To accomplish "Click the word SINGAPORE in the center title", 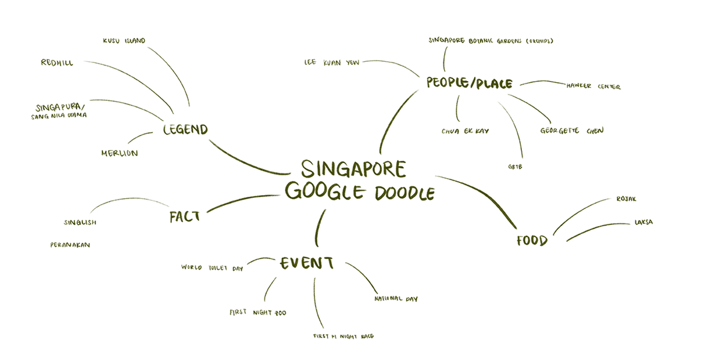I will click(x=353, y=169).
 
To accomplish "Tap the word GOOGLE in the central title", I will click(x=324, y=191).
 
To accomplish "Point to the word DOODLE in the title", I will click(x=404, y=194).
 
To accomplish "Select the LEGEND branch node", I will click(x=185, y=129).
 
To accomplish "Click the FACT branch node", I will click(x=184, y=216).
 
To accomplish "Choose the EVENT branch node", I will click(x=307, y=263).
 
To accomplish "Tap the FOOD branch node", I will click(x=532, y=241).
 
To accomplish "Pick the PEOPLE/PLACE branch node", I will click(x=469, y=83).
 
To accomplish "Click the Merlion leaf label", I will click(x=119, y=153).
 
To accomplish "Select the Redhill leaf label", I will click(x=57, y=62).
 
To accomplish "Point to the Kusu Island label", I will click(x=124, y=41).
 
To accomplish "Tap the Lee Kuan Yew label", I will click(x=332, y=61).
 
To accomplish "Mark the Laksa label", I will click(x=643, y=222).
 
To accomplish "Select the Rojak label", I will click(x=626, y=199).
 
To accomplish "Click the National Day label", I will click(x=396, y=298).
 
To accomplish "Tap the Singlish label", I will click(x=80, y=223).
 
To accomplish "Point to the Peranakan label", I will click(x=70, y=245).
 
